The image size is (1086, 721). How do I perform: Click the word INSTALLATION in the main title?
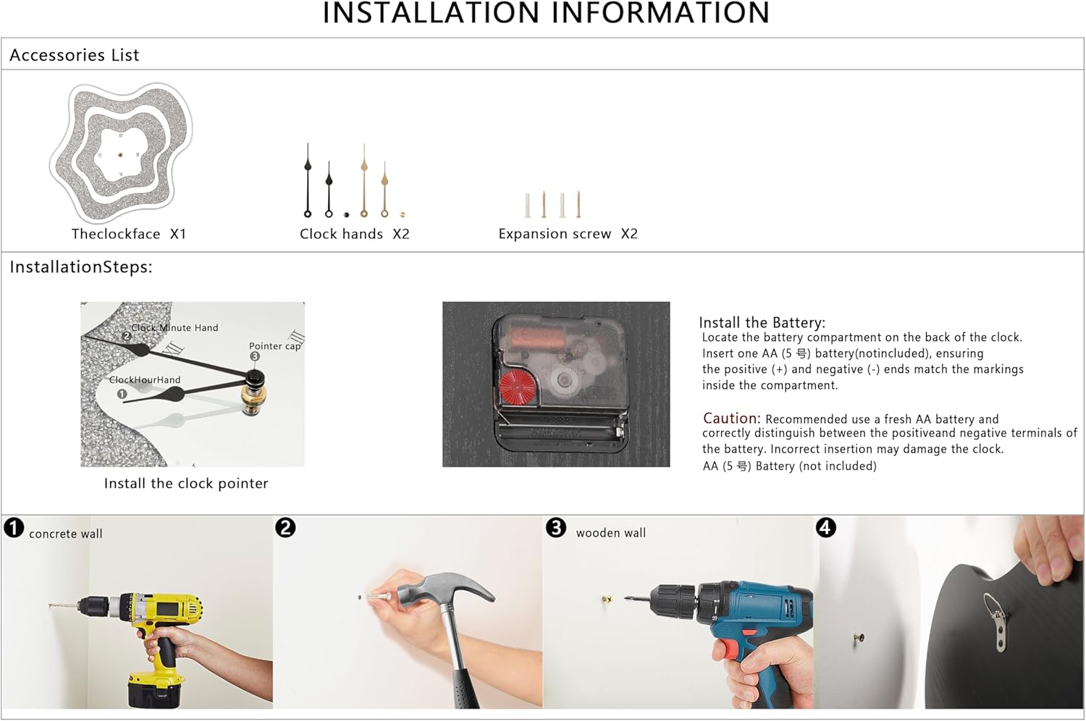[x=431, y=12]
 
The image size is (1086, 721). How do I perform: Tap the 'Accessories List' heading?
[x=74, y=55]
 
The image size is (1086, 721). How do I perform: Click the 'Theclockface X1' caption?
[x=129, y=234]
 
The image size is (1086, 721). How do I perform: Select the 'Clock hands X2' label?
[x=355, y=234]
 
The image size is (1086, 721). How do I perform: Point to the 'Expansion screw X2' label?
[x=568, y=234]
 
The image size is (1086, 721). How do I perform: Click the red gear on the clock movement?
[x=517, y=387]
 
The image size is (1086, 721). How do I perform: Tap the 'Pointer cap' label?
[x=274, y=346]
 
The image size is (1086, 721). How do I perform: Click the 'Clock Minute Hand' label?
[x=174, y=328]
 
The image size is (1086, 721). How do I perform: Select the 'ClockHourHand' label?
[x=145, y=379]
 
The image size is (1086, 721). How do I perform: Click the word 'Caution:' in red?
[x=731, y=418]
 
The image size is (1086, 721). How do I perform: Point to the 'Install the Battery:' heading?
[x=762, y=322]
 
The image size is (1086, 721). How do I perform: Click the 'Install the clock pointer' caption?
[x=185, y=484]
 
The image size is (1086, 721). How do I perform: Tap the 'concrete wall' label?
[x=65, y=534]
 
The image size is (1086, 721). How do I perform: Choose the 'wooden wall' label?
[x=611, y=533]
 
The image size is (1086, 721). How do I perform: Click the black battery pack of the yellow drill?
[x=155, y=688]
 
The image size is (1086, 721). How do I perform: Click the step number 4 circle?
[x=826, y=528]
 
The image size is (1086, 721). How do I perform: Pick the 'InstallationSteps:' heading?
[x=81, y=266]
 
